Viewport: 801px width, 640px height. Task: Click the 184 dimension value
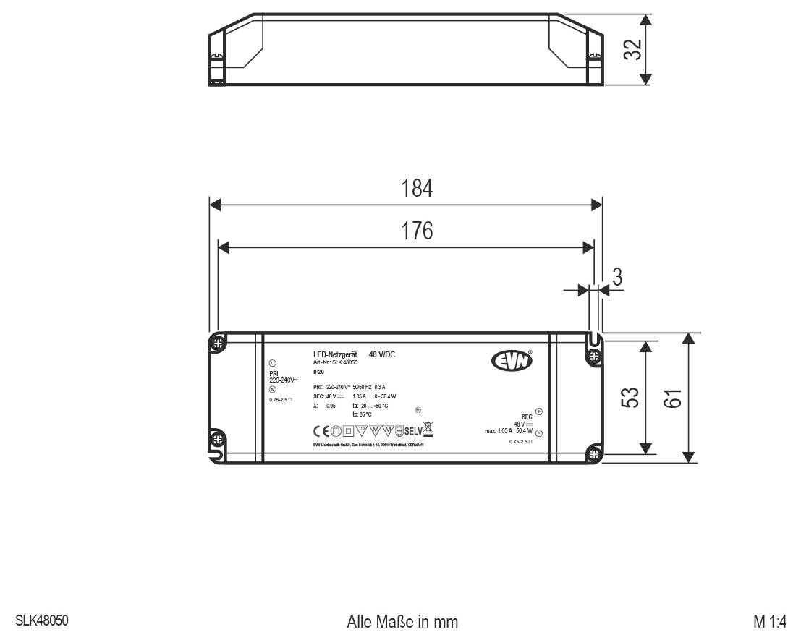418,189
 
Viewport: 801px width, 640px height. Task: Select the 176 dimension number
418,231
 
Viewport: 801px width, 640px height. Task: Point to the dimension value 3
617,277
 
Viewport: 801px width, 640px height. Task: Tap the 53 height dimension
630,398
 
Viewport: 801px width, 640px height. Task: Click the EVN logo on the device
512,359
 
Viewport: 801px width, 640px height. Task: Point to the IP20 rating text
318,371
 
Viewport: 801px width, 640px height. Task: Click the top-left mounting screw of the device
216,343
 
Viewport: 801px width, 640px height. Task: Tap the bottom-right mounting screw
594,454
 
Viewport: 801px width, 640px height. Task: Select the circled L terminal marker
272,364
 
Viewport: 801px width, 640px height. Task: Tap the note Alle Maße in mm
402,622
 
